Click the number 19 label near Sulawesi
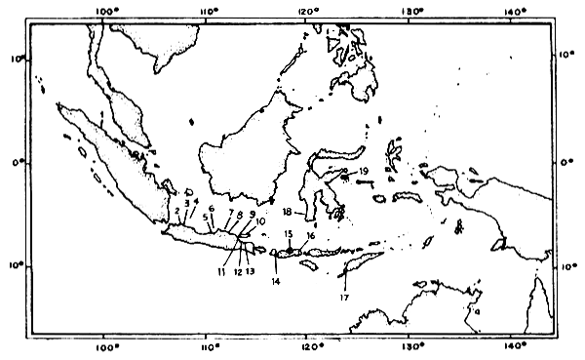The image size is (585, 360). pos(363,171)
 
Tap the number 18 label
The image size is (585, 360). pos(288,212)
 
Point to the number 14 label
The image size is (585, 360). pos(276,281)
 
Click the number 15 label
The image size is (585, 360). pos(289,235)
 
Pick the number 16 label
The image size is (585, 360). pos(310,235)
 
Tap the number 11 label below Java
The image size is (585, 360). pos(222,272)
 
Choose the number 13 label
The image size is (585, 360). pos(251,272)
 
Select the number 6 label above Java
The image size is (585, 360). pos(211,209)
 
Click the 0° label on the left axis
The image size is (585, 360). pos(17,162)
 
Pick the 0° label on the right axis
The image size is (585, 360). pos(569,162)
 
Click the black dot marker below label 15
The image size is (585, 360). pos(289,250)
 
